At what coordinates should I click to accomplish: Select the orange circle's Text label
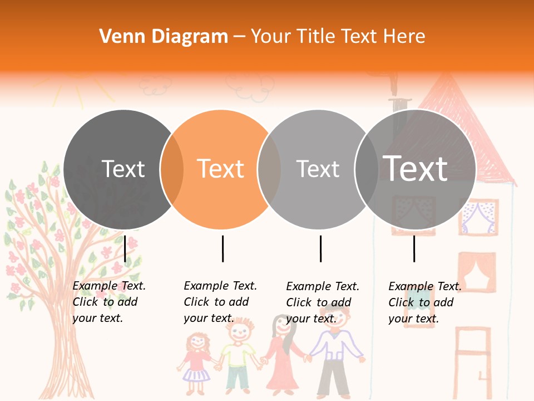pos(221,169)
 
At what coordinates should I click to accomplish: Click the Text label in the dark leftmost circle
pos(123,169)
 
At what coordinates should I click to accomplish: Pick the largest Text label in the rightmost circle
pos(416,168)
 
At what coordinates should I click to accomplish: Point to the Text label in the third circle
pos(318,169)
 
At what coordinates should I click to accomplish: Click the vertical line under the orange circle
pos(222,248)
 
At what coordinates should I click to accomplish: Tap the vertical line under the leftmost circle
pos(125,248)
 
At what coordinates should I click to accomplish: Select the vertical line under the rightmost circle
pos(414,248)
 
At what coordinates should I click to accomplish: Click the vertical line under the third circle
pos(320,248)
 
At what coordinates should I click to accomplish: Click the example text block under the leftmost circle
pos(109,302)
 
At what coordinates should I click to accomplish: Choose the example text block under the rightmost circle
pos(425,302)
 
